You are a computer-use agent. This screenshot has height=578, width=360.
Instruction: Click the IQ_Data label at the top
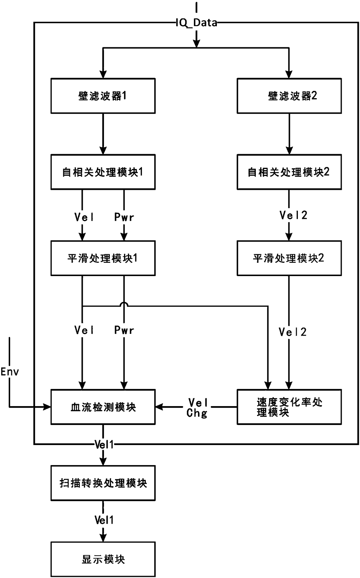coord(197,23)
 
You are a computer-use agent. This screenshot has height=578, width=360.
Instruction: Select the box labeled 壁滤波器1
coord(103,96)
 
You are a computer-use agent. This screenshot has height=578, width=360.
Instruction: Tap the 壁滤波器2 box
coord(289,96)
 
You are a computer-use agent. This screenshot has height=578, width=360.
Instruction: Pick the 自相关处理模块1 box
coord(103,172)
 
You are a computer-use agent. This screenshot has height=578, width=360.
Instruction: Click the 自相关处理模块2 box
coord(289,172)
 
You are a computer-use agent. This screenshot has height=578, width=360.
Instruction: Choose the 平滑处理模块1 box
coord(103,258)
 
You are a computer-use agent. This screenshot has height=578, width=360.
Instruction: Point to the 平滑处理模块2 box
coord(289,258)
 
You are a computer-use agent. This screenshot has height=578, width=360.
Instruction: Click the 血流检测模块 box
coord(103,407)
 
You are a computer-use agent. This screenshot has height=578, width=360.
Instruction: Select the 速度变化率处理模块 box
coord(289,407)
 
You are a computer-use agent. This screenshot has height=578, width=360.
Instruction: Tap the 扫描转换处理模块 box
coord(103,483)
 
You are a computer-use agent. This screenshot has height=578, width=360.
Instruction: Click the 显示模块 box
coord(103,559)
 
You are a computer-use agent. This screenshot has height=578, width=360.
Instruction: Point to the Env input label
coord(10,372)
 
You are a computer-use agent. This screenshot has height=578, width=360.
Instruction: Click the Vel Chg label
coord(197,408)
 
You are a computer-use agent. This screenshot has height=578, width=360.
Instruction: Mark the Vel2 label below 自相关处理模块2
coord(293,215)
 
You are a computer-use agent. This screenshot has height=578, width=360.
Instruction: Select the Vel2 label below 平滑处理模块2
coord(293,332)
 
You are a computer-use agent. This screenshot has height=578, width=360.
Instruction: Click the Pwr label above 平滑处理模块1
coord(124,217)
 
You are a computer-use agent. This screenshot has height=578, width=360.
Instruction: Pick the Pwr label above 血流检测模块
coord(124,330)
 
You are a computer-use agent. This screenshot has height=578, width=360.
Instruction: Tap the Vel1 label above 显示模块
coord(104,520)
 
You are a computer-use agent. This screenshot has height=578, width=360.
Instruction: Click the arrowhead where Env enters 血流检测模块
coord(47,407)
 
